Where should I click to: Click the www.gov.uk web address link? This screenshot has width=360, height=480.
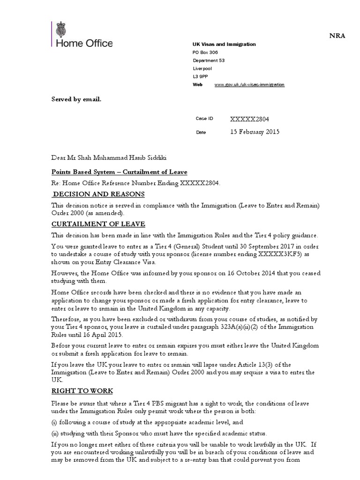[249, 84]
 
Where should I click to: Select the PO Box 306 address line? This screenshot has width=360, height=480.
[205, 52]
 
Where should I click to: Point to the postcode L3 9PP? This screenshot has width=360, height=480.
[199, 76]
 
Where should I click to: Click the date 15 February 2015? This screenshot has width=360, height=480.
[255, 132]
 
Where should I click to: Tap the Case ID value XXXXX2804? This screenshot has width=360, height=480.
[250, 119]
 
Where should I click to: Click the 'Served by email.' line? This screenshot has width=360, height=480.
[76, 99]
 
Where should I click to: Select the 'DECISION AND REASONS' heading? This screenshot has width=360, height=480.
[98, 195]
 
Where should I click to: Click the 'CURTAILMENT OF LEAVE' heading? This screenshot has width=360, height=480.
[98, 224]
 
